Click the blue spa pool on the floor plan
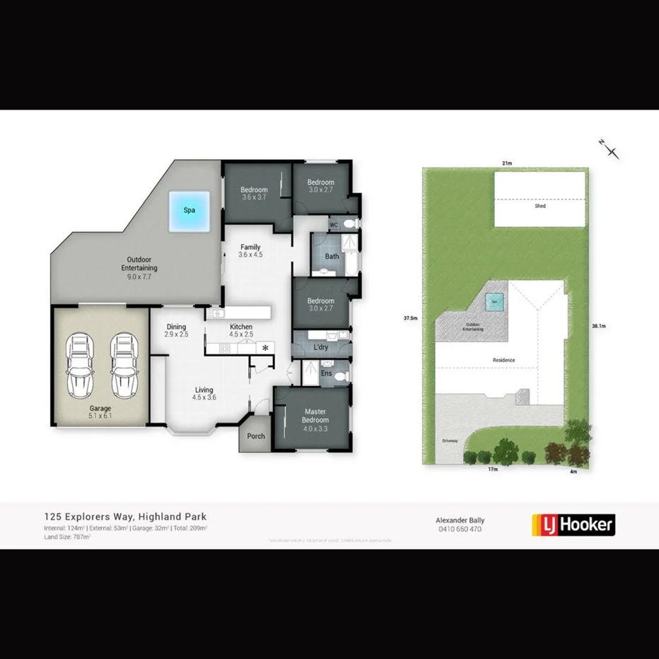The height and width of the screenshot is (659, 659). click(x=189, y=211)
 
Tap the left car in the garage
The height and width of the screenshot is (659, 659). click(x=79, y=366)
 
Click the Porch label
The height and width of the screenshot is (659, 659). click(x=256, y=436)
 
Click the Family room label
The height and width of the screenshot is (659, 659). click(x=250, y=251)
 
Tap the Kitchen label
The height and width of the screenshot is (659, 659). click(x=241, y=330)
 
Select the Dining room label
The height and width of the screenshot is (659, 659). click(x=176, y=330)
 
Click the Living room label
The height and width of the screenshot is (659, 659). click(x=204, y=394)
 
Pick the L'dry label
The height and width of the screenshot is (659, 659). click(x=320, y=348)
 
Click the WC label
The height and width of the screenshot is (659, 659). click(x=334, y=225)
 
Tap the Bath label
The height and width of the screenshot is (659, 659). click(x=332, y=257)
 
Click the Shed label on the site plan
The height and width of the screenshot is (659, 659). click(x=540, y=206)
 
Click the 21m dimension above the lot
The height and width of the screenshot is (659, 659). click(x=507, y=163)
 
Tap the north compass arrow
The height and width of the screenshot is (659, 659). click(x=609, y=148)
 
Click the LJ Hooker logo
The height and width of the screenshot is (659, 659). click(x=573, y=525)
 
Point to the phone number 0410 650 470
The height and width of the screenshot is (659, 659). click(x=460, y=529)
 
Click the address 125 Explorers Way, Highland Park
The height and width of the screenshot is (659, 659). click(x=125, y=517)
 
